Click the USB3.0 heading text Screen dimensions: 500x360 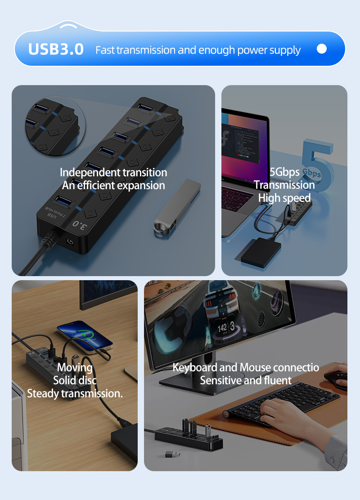point(56,49)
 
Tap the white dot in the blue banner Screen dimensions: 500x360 point(322,49)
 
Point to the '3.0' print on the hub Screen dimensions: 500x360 point(80,224)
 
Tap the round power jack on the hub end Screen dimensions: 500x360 point(70,242)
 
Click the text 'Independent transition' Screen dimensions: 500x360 point(113,173)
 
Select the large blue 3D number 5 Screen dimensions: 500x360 point(317,167)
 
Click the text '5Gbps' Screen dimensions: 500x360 point(284,172)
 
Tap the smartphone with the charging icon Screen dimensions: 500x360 point(84,335)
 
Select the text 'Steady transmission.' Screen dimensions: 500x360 point(75,393)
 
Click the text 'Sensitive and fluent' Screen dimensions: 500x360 point(246,380)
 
